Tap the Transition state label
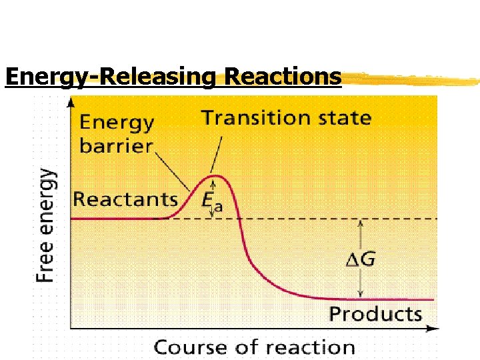click(286, 118)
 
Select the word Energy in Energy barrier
click(117, 123)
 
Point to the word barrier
click(117, 145)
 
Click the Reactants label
click(125, 199)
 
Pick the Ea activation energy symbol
click(211, 201)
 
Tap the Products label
click(376, 314)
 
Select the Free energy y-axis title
click(45, 225)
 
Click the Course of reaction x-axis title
click(255, 347)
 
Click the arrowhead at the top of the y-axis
click(71, 101)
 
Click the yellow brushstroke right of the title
click(410, 79)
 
